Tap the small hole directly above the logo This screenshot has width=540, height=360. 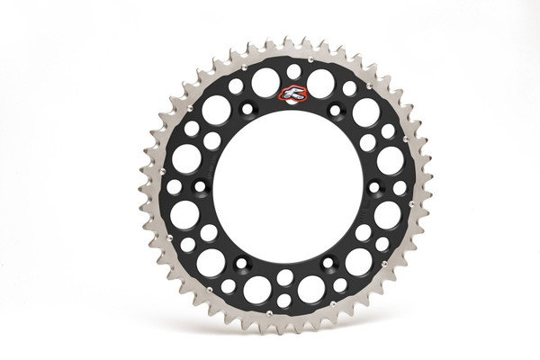(x=293, y=71)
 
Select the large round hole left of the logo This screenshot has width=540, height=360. (x=265, y=83)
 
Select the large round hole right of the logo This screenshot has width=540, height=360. (x=321, y=83)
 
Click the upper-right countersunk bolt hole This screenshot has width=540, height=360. (x=335, y=111)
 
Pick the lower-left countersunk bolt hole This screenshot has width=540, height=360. (x=242, y=263)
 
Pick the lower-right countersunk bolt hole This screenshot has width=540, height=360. (x=328, y=263)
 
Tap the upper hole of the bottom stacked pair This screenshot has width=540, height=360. (x=284, y=278)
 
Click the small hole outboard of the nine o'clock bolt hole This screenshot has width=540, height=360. (x=174, y=187)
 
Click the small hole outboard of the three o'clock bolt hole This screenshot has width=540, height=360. (x=400, y=187)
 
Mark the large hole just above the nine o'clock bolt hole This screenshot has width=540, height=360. (x=186, y=158)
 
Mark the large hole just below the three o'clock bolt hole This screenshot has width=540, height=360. (x=388, y=215)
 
